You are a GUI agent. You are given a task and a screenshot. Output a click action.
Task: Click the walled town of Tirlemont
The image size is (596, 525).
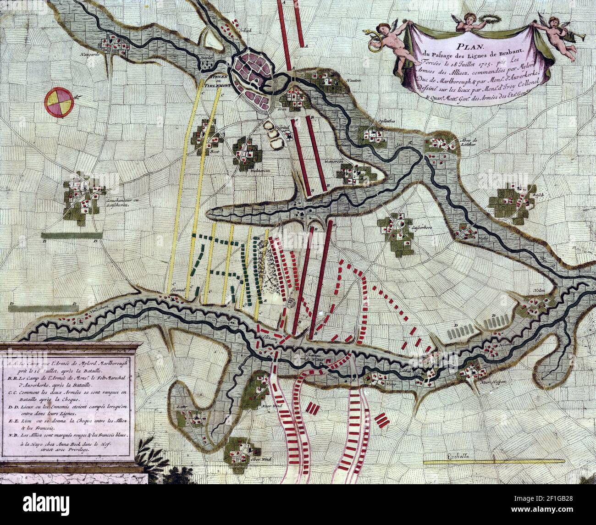click(x=252, y=78)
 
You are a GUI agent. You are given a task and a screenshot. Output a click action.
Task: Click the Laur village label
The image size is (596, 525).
click(x=179, y=407)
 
